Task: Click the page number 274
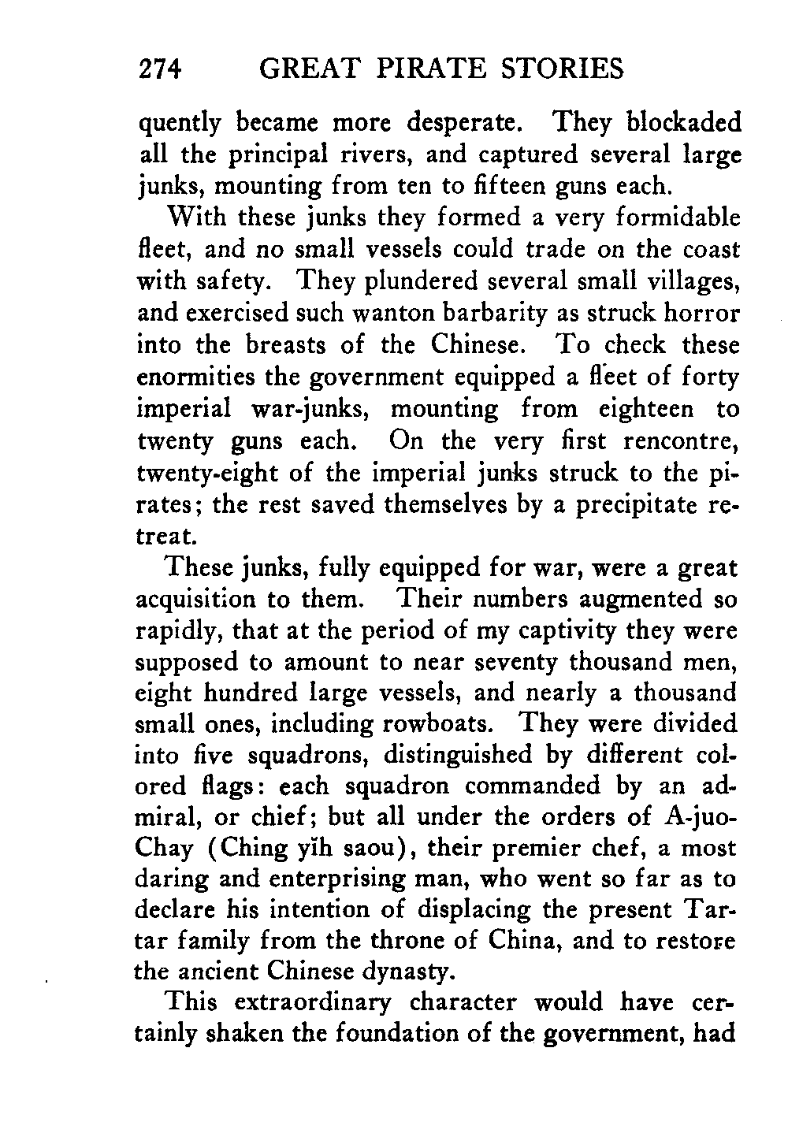[161, 69]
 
